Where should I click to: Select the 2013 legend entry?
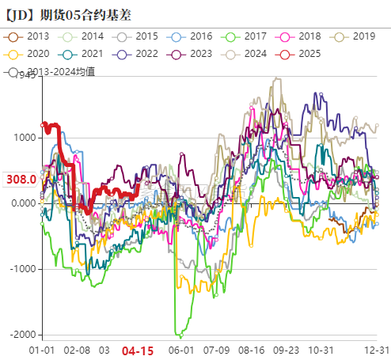31,36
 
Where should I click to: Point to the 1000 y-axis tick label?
23,138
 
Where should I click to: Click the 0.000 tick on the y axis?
21,203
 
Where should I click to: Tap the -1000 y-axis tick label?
21,269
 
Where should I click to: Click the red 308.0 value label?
21,180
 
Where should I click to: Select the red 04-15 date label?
139,350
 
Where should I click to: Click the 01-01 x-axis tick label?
41,350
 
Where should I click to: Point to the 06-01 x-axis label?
182,350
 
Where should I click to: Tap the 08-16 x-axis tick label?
251,350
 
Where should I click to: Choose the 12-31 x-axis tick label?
375,350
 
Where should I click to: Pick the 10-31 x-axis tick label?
320,350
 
